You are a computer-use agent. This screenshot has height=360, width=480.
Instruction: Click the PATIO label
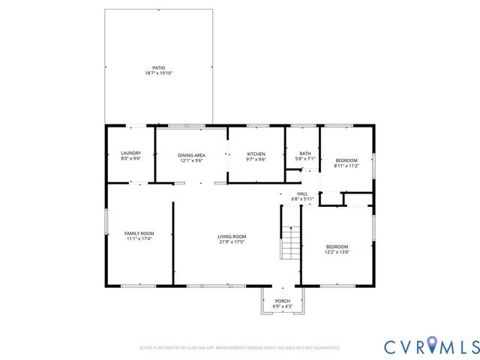pos(158,68)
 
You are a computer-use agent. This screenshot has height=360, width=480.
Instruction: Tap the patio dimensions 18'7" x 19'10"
pos(158,73)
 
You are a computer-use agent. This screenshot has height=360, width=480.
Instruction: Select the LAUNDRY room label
pos(130,154)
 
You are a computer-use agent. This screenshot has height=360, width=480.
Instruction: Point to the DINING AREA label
pos(192,154)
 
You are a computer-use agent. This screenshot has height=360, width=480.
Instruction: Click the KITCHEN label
pos(256,154)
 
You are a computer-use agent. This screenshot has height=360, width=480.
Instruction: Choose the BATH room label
pos(305,154)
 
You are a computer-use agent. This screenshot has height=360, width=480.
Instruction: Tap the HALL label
pos(302,193)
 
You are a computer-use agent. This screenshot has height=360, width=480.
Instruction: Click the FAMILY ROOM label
pos(139,233)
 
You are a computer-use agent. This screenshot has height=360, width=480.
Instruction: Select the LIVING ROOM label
pos(232,236)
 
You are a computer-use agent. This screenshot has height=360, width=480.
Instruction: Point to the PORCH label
pos(283,301)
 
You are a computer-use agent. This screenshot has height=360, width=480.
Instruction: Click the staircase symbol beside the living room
pos(290,241)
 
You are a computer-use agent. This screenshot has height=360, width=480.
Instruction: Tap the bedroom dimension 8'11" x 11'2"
pos(346,166)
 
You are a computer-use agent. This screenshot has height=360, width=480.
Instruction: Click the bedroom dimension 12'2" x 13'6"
pos(337,252)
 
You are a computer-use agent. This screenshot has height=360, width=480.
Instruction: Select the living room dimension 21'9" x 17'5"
pos(232,241)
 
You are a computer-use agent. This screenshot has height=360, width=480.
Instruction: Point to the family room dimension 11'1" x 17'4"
pos(139,238)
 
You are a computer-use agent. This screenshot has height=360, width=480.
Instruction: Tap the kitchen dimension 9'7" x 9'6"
pos(256,160)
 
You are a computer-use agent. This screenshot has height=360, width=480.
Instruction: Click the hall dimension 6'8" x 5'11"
pos(302,199)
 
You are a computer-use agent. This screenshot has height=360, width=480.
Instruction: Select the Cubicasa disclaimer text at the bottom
pos(240,347)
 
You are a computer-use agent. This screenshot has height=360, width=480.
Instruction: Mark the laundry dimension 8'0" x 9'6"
pos(130,159)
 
